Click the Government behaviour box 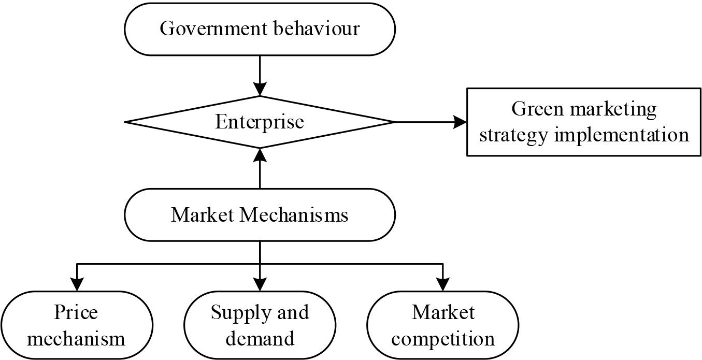(260, 29)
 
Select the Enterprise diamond (260, 122)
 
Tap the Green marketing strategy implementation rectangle (584, 122)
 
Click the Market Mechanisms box (260, 215)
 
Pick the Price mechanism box (76, 326)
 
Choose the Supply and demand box (260, 326)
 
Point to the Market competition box (443, 326)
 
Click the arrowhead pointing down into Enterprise (260, 89)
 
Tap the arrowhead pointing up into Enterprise (260, 155)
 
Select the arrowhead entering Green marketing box (460, 122)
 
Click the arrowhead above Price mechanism (77, 284)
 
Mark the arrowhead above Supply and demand (260, 284)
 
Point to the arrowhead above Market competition (443, 284)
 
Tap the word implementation (622, 135)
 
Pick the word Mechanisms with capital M (294, 214)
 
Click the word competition (443, 339)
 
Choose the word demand (260, 339)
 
